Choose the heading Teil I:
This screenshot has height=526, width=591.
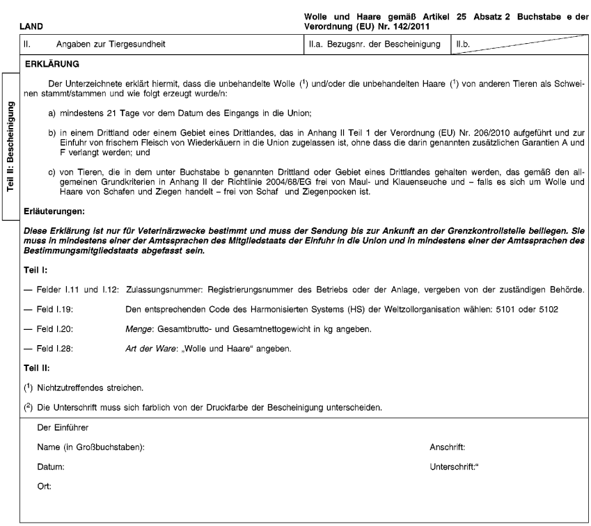36,268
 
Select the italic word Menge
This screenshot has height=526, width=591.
139,327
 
